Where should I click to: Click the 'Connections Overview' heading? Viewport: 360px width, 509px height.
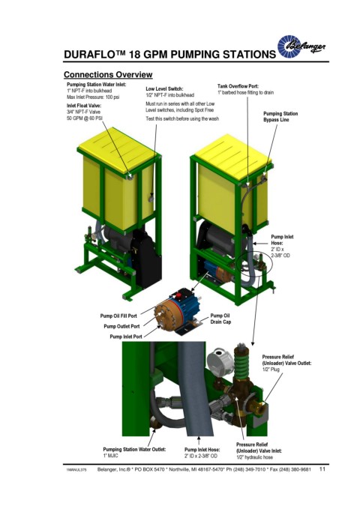tap(108, 75)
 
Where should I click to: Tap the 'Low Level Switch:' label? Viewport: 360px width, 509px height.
tap(164, 88)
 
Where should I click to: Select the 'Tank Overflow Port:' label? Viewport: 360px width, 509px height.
tap(238, 86)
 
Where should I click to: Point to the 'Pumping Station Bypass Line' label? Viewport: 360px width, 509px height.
tap(280, 116)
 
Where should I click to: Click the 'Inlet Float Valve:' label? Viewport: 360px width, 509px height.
tap(84, 106)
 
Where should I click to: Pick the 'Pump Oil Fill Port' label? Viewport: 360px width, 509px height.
tap(118, 316)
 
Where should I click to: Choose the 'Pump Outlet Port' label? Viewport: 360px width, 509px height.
tap(121, 326)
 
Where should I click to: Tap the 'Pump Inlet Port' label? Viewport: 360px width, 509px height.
tap(126, 337)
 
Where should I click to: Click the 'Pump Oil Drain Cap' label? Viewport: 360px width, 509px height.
tap(220, 319)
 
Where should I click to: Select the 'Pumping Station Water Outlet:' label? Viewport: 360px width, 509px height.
tap(134, 449)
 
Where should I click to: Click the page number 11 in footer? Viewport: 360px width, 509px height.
tap(322, 469)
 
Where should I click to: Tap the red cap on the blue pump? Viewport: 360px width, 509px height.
tap(178, 295)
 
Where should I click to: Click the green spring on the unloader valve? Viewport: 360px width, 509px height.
tap(241, 364)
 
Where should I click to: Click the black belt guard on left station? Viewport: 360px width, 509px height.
tap(147, 256)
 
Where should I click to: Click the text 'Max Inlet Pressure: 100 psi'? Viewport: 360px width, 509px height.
tap(93, 97)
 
